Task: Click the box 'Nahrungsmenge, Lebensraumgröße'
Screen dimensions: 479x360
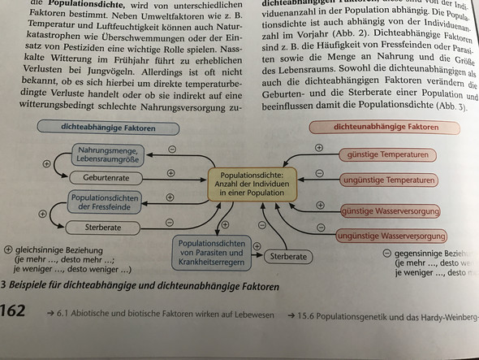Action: (x=110, y=154)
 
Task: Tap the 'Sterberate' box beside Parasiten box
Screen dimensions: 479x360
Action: (x=291, y=255)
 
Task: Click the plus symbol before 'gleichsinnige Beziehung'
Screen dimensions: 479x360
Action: (x=7, y=250)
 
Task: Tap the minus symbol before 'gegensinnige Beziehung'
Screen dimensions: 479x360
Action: (x=386, y=253)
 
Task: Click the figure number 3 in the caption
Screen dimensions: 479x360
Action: (x=4, y=286)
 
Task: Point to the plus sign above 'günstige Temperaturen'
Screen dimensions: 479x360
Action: (x=318, y=148)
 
